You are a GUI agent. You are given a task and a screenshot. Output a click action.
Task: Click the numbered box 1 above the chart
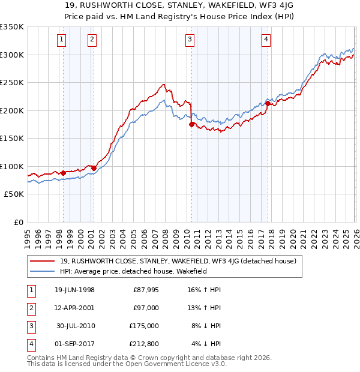(63, 40)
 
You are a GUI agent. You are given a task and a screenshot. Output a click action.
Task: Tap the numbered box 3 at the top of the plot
(190, 40)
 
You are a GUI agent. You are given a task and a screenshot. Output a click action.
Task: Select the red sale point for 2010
(191, 125)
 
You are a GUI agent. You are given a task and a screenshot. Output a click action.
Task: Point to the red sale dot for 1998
(64, 173)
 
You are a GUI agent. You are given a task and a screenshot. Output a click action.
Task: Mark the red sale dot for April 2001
(94, 168)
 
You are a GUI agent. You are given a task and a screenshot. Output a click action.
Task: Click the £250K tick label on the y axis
(12, 82)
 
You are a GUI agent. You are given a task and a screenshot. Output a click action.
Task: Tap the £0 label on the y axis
(17, 222)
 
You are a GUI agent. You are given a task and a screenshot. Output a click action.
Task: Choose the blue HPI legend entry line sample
(43, 271)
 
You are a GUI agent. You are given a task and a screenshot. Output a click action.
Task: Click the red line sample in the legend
(43, 261)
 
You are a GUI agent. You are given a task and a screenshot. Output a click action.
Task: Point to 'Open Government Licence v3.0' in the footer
(173, 364)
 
